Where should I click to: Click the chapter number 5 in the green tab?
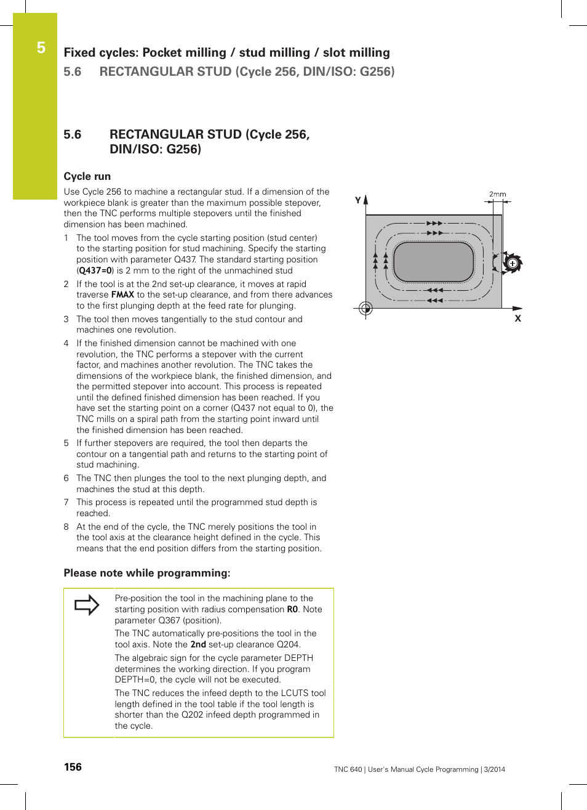[x=41, y=47]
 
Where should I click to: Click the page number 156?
[x=73, y=767]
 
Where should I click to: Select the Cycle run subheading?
[x=87, y=176]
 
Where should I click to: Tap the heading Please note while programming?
[x=147, y=573]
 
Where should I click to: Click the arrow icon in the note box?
[x=87, y=605]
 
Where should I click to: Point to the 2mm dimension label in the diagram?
[x=497, y=194]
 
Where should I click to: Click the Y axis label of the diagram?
[x=357, y=200]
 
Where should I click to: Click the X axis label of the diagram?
[x=517, y=318]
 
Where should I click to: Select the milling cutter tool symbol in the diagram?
[x=512, y=263]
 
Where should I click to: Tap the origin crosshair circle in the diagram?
[x=365, y=308]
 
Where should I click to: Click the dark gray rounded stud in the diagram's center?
[x=433, y=262]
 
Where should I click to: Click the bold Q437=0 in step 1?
[x=95, y=270]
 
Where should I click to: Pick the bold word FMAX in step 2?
[x=122, y=295]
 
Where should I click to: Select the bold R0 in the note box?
[x=292, y=609]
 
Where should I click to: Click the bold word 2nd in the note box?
[x=198, y=644]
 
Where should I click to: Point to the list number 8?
[x=66, y=527]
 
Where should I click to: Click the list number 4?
[x=66, y=343]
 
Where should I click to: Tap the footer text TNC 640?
[x=348, y=769]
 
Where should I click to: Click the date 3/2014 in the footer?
[x=494, y=769]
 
